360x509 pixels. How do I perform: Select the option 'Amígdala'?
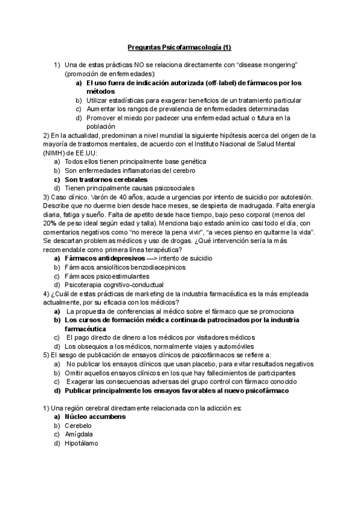[x=79, y=434]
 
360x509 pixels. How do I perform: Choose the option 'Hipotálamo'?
[x=82, y=443]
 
